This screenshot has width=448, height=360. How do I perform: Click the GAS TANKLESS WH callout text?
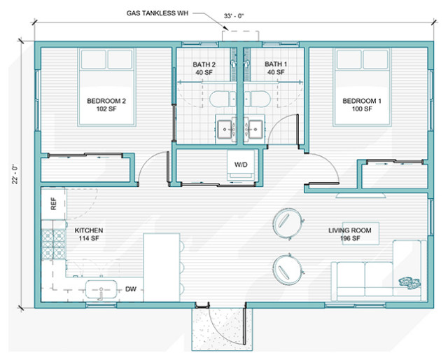pos(157,13)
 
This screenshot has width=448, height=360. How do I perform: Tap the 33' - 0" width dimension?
pos(234,16)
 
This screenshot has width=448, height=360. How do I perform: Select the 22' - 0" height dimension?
pos(15,174)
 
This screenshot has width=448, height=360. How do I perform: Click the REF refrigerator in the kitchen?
pos(53,203)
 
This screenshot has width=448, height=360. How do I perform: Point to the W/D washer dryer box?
pos(241,165)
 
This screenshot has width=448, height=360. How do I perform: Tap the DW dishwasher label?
pos(131,289)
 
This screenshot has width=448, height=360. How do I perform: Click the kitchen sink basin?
pos(101,289)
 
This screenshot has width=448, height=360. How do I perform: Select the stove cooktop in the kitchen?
pos(53,244)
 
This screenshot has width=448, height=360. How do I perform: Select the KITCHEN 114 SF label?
pos(89,234)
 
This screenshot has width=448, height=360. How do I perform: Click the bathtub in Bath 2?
pos(223,99)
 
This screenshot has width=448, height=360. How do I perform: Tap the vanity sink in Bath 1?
pos(255,130)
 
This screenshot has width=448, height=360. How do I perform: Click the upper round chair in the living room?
pos(287,223)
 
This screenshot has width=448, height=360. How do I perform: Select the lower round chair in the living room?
pos(287,269)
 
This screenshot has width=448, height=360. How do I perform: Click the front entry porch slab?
pos(222,328)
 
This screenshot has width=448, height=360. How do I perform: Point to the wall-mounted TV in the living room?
pos(361,195)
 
